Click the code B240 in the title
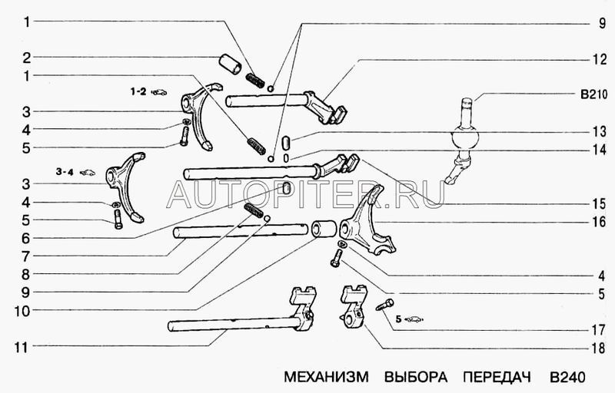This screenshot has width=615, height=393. [x=567, y=378]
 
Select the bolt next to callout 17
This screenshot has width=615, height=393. [x=384, y=305]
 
